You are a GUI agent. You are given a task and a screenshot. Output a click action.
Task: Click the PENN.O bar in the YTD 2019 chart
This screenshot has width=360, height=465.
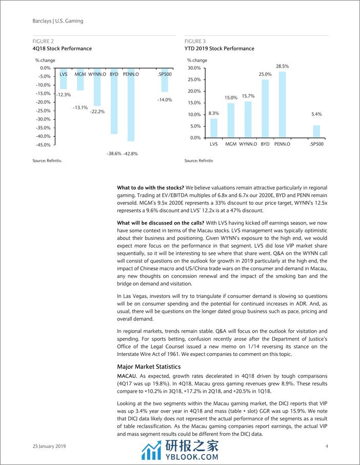(x=282, y=105)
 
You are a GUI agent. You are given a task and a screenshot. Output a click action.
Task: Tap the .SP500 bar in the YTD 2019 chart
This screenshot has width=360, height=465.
(x=316, y=132)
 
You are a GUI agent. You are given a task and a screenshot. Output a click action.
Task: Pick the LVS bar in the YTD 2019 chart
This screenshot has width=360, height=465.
(x=214, y=128)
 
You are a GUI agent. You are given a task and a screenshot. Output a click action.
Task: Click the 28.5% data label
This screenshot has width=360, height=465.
(x=282, y=67)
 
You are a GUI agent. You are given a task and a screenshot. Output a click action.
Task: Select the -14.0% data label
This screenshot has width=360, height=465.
(x=165, y=100)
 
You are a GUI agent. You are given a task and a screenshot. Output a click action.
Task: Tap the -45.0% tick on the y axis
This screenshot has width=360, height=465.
(x=43, y=145)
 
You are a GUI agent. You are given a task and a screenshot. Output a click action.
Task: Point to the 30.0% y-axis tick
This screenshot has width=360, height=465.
(x=194, y=68)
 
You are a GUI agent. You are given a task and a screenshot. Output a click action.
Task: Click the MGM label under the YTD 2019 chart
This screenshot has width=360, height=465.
(x=231, y=145)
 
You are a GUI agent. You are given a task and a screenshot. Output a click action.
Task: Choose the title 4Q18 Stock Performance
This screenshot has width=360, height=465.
(x=62, y=49)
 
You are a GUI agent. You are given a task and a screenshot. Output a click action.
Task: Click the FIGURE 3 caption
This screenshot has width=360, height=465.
(x=195, y=42)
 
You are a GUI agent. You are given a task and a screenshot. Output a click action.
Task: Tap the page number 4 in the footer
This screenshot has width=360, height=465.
(x=327, y=447)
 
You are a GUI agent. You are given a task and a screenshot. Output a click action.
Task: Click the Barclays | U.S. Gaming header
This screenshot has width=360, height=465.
(x=57, y=21)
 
